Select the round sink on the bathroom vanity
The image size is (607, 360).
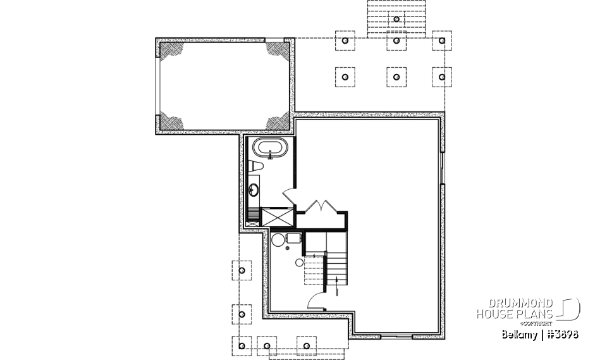(254, 188)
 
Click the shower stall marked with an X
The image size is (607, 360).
(276, 218)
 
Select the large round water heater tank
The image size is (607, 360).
(278, 239)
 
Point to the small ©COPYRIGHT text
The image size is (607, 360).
(539, 323)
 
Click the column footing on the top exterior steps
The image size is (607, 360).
(396, 19)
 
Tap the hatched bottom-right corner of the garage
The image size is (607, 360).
(277, 121)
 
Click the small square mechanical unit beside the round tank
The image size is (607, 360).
(293, 239)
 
